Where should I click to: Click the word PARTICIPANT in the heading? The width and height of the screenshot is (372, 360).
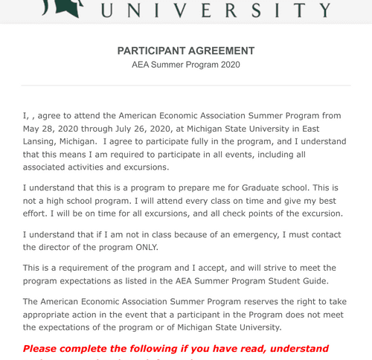(152, 51)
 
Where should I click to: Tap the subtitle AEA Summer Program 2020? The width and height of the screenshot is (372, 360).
(185, 65)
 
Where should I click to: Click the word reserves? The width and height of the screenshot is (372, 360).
(252, 301)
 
